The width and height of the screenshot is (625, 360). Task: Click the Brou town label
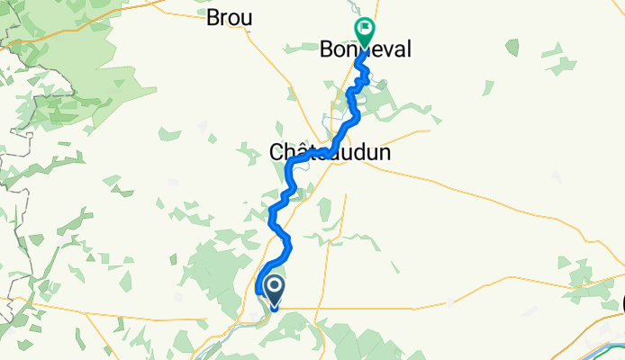[229, 17]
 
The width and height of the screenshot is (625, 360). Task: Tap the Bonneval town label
[367, 50]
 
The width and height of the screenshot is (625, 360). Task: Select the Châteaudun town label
[330, 153]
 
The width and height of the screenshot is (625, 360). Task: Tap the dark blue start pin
[274, 291]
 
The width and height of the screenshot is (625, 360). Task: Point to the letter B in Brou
[213, 17]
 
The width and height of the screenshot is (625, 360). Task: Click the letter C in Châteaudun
[276, 153]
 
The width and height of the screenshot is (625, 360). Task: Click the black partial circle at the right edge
[622, 306]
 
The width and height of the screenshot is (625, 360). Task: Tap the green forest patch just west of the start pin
[225, 270]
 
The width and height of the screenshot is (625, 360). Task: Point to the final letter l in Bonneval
[407, 50]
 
